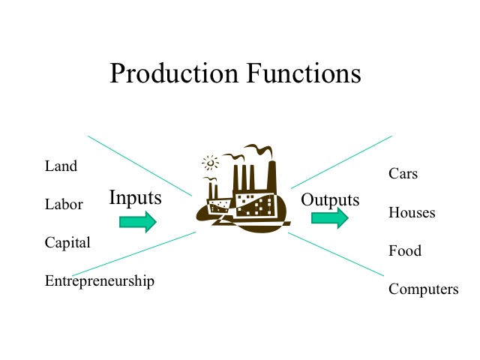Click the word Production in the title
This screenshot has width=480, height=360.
pos(174,73)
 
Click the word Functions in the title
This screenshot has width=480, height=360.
pos(304,73)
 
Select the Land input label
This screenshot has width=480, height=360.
pos(61,166)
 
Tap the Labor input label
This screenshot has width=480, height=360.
pos(64,204)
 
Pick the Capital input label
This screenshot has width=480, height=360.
pos(67,243)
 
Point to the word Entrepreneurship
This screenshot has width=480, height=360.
pos(100,281)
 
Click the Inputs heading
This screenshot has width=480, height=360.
pos(135,198)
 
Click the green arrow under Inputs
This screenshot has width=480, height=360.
pos(138,222)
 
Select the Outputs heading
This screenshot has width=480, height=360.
pos(330,200)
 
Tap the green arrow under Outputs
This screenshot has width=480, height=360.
pos(330,217)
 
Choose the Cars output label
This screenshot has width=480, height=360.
pos(403,173)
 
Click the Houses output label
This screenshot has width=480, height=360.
pos(412,212)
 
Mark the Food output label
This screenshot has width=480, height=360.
pos(405,250)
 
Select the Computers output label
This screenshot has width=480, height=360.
pos(423,289)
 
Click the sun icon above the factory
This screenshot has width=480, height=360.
pos(210,163)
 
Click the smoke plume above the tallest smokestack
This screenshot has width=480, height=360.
pos(259,150)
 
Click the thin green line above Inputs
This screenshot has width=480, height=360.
pos(140,166)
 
